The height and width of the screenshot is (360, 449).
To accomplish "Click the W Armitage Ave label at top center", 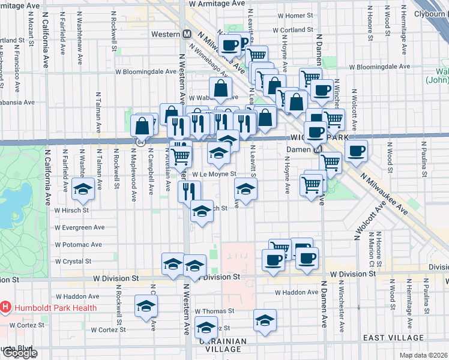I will (x=217, y=4).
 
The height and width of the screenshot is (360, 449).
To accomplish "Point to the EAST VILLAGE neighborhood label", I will (x=385, y=338).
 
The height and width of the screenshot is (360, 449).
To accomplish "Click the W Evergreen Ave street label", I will (x=80, y=227).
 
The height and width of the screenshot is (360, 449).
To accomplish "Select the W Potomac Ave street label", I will (x=79, y=245).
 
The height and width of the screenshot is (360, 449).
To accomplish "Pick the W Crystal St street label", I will (x=73, y=262).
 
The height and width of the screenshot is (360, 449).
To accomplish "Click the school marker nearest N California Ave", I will (x=83, y=190).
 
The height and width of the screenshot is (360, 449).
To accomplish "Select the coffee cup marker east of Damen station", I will (x=356, y=151).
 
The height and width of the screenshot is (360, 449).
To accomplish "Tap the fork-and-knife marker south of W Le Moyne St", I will (x=188, y=191).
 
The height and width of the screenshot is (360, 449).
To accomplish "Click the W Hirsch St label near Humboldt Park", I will (x=71, y=211).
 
